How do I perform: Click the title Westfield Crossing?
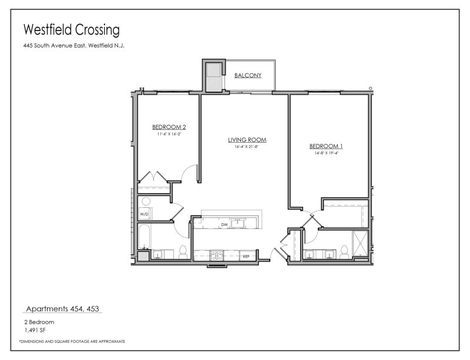pos(71,29)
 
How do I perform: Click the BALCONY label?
pos(247,76)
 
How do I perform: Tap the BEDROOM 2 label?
pos(169,127)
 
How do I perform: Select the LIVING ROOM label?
pos(247,140)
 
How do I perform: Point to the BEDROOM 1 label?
pos(326,146)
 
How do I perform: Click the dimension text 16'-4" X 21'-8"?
pos(247,147)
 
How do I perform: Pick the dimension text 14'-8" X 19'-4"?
pos(326,153)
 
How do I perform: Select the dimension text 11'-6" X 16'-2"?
pos(169,134)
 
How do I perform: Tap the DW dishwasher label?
pos(224,224)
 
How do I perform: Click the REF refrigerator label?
pos(246,256)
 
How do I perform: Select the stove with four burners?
pos(217,255)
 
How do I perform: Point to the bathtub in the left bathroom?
pos(145,238)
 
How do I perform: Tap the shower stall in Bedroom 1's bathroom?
pos(358,242)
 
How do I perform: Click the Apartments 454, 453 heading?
pos(64,308)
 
